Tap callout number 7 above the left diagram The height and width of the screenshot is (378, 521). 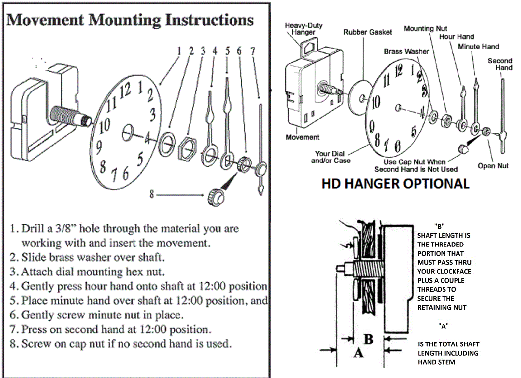pos(253,51)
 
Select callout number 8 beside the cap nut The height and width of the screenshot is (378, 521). pos(151,194)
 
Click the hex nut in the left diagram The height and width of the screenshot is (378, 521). pos(187,148)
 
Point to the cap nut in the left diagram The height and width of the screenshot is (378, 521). pos(216,196)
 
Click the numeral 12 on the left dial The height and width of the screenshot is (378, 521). pos(125,90)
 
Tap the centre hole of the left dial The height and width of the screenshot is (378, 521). pos(128,133)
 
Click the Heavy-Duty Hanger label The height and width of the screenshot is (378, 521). pos(303,29)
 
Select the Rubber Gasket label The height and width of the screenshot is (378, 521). pos(367,32)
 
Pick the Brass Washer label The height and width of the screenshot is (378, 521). pos(406,51)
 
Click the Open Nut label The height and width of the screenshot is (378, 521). pos(493,166)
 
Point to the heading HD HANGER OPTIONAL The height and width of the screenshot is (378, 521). pos(395,184)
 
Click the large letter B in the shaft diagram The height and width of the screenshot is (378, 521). pos(368,339)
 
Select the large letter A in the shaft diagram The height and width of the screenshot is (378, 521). pos(358,353)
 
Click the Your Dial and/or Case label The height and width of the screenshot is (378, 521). pos(331,157)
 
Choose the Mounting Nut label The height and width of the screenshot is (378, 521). pos(425,29)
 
